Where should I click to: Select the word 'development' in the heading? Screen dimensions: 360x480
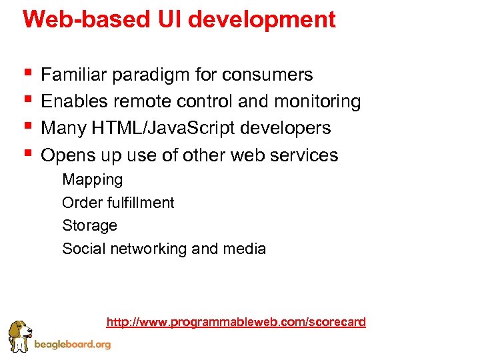(262, 20)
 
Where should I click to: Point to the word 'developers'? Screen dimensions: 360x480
(293, 128)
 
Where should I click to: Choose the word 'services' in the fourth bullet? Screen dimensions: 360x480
(307, 155)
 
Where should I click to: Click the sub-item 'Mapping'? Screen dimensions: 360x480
(92, 180)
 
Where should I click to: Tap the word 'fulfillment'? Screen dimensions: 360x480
(140, 203)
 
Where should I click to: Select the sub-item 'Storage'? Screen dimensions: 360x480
(89, 226)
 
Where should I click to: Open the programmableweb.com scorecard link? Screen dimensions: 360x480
(236, 323)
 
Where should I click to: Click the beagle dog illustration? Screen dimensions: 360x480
(20, 337)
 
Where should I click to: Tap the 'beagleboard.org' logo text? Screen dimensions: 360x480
(72, 345)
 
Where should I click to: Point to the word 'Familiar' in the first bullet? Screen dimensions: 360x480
(74, 75)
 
